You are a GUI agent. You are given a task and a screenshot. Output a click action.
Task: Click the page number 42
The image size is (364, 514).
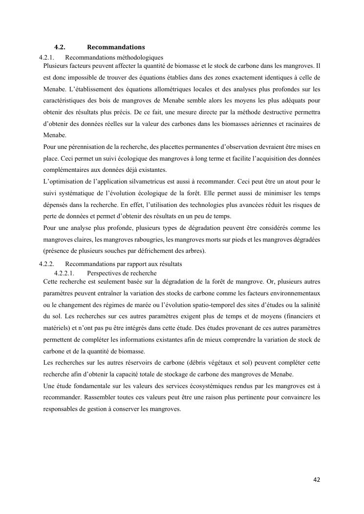317,479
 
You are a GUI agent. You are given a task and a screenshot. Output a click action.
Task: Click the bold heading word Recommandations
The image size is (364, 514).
116,47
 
